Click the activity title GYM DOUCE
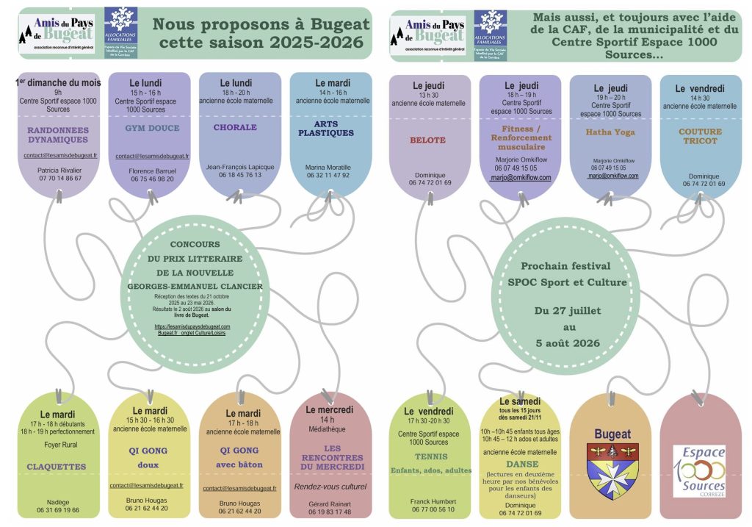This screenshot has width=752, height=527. [x=153, y=128]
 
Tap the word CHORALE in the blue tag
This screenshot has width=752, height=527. [x=235, y=127]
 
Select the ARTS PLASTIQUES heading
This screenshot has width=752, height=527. [x=326, y=129]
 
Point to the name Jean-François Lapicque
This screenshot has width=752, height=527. [x=239, y=167]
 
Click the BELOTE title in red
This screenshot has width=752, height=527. [x=428, y=140]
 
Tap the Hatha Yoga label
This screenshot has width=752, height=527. [x=607, y=132]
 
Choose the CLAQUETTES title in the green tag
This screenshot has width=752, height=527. [x=57, y=466]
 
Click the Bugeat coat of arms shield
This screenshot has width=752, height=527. [x=612, y=470]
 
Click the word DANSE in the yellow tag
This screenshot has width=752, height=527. [x=521, y=464]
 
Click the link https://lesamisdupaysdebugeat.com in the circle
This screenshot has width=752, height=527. [x=192, y=326]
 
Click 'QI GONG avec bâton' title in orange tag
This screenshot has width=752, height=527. [x=239, y=456]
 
